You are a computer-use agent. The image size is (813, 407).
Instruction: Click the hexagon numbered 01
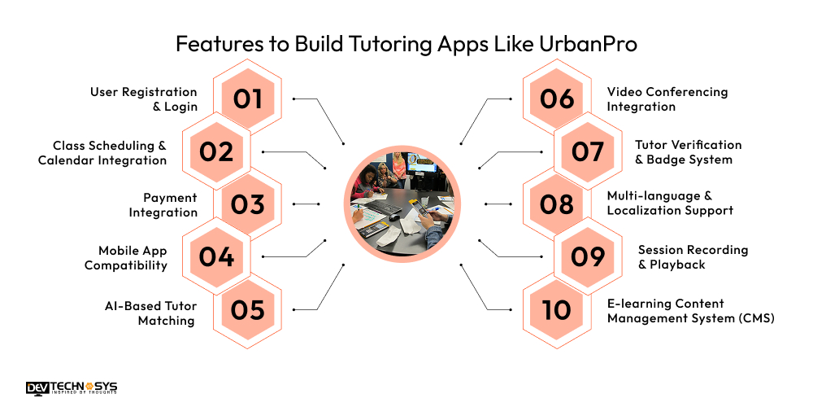click(x=248, y=98)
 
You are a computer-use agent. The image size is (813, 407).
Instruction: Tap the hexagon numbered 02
click(x=215, y=151)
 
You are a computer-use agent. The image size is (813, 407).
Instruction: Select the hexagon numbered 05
click(x=248, y=310)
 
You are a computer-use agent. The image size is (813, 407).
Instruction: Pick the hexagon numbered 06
click(x=557, y=98)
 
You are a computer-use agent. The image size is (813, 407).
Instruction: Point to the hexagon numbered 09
click(x=588, y=257)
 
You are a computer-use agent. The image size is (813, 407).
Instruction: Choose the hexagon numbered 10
click(x=557, y=310)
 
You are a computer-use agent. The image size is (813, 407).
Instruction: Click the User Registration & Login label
click(x=143, y=99)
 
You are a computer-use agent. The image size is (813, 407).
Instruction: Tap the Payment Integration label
click(x=163, y=205)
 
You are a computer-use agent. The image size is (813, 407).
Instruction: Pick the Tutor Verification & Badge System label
click(x=688, y=152)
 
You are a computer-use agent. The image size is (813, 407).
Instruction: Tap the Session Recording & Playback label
click(x=693, y=257)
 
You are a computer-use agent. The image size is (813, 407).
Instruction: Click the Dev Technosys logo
click(x=72, y=388)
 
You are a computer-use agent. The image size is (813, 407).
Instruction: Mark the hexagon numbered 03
click(x=248, y=204)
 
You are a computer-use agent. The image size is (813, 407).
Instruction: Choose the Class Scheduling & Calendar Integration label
click(x=102, y=152)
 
